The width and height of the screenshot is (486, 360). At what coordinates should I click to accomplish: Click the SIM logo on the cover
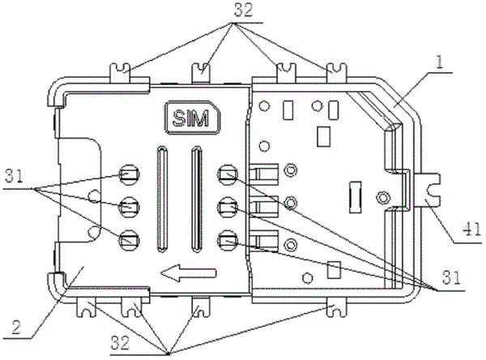(192, 118)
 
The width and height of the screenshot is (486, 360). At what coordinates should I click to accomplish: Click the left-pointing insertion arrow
(189, 272)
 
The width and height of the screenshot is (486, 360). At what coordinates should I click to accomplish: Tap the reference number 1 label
(439, 62)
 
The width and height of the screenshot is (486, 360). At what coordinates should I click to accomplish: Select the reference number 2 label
(17, 327)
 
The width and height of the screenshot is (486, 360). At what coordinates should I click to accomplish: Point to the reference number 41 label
(472, 230)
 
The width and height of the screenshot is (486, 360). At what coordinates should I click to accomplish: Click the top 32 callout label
(243, 11)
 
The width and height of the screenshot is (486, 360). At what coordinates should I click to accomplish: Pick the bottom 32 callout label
(120, 344)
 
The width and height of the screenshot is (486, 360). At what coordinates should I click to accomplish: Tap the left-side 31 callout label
(14, 178)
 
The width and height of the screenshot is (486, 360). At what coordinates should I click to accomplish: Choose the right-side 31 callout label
(452, 277)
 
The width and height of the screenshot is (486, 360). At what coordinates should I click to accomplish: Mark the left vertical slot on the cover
(162, 198)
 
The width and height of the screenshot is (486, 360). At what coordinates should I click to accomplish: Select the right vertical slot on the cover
(197, 198)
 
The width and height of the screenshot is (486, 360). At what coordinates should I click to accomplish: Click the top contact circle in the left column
(130, 174)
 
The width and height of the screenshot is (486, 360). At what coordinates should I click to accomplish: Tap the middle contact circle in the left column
(130, 207)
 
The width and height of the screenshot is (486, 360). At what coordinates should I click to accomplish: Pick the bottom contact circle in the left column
(130, 240)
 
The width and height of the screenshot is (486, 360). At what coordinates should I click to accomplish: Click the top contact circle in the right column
(228, 174)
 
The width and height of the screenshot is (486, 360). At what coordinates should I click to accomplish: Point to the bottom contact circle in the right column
(228, 240)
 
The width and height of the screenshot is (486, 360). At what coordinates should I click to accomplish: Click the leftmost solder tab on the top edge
(120, 73)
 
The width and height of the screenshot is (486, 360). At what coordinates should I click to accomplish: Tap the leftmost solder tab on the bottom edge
(86, 306)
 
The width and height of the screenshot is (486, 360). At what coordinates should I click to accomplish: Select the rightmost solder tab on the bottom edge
(336, 306)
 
